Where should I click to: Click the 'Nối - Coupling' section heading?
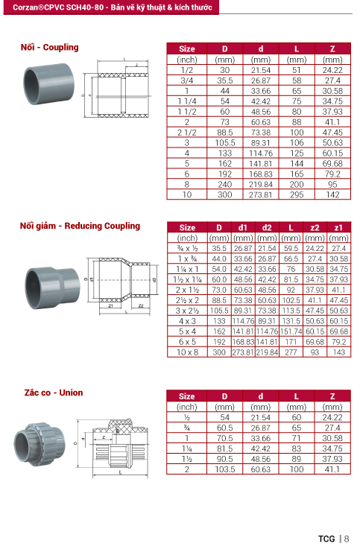coord(49,47)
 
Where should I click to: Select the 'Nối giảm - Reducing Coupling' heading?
coord(80,226)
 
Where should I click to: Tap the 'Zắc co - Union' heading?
coord(54,393)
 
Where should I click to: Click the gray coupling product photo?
coord(48,84)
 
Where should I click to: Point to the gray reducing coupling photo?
coord(52,288)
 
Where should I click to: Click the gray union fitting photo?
coord(40,444)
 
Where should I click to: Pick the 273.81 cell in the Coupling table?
coord(261,194)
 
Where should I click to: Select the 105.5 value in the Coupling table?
coord(225,143)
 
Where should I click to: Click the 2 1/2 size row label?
coord(186,133)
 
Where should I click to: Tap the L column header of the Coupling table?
coord(297,48)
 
